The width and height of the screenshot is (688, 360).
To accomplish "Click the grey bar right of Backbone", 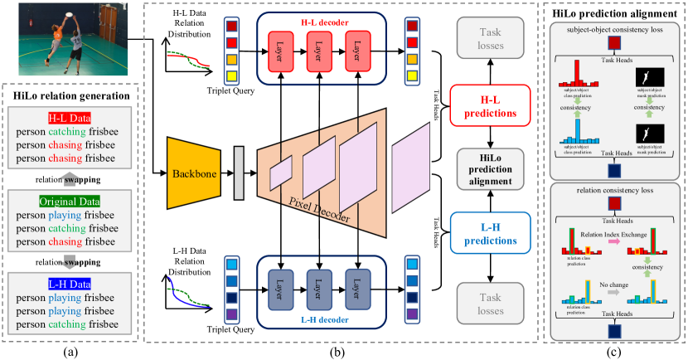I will (240, 173).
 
